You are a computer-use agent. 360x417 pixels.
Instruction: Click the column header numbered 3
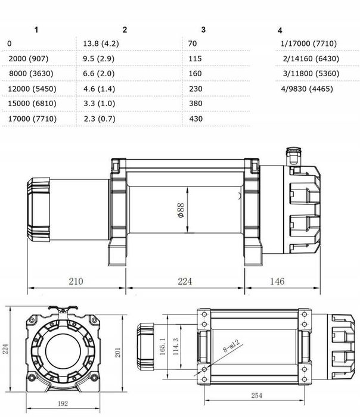point(203,30)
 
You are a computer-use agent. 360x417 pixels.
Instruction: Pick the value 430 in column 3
point(195,119)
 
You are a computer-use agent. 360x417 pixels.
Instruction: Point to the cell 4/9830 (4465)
point(306,89)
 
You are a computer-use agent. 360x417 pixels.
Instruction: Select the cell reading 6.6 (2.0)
point(98,74)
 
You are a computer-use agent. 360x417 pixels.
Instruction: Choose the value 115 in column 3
point(195,59)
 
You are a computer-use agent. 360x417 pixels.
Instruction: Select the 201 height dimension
point(118,353)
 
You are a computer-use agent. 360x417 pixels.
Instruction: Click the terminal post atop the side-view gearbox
point(291,154)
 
